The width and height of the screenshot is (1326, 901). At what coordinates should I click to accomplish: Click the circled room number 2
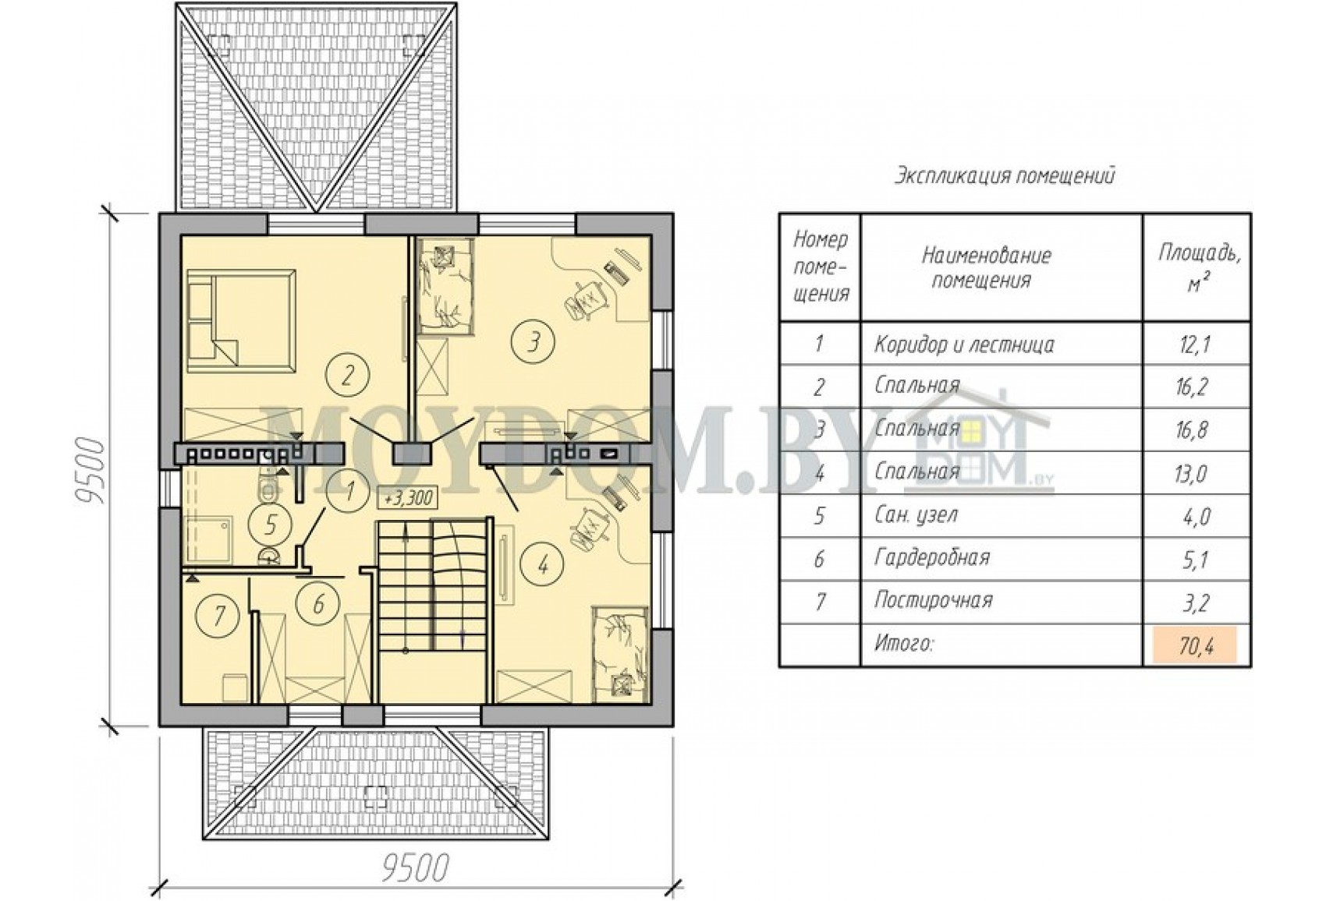pos(347,375)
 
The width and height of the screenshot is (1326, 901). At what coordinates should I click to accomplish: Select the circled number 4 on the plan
pos(542,566)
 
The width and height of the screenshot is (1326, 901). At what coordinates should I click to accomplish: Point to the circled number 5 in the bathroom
pos(270,524)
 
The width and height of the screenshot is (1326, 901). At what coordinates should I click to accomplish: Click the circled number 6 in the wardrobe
pos(318,604)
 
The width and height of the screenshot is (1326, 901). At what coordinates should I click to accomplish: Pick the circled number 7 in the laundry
pos(218,615)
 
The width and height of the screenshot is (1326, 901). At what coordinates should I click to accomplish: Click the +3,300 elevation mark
pos(408,498)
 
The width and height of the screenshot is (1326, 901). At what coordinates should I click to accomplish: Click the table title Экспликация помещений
pos(1004,176)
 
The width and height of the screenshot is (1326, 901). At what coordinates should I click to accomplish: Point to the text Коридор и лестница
pos(964,344)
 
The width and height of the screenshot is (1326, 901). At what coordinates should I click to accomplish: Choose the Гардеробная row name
pos(932,558)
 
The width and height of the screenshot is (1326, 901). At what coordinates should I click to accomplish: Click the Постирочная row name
pos(934,600)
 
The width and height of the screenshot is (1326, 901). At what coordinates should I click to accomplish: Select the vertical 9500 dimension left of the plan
pos(90,471)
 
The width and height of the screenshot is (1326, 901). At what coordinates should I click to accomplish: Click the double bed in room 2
pos(241,320)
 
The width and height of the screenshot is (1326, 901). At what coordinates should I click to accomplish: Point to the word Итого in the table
pos(903,644)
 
